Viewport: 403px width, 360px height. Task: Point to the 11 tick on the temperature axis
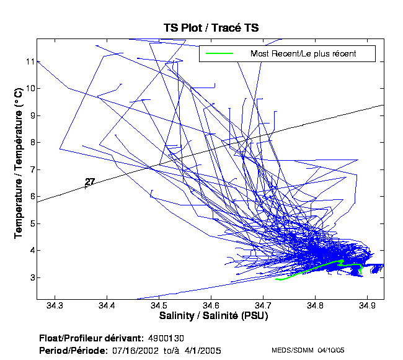[29, 61]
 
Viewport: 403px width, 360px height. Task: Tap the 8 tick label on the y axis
[29, 142]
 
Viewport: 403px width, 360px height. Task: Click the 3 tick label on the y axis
[29, 277]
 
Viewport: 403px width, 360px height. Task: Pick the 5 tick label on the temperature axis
[29, 223]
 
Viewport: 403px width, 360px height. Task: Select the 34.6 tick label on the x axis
[211, 306]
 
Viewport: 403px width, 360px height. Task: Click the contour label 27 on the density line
[90, 182]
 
